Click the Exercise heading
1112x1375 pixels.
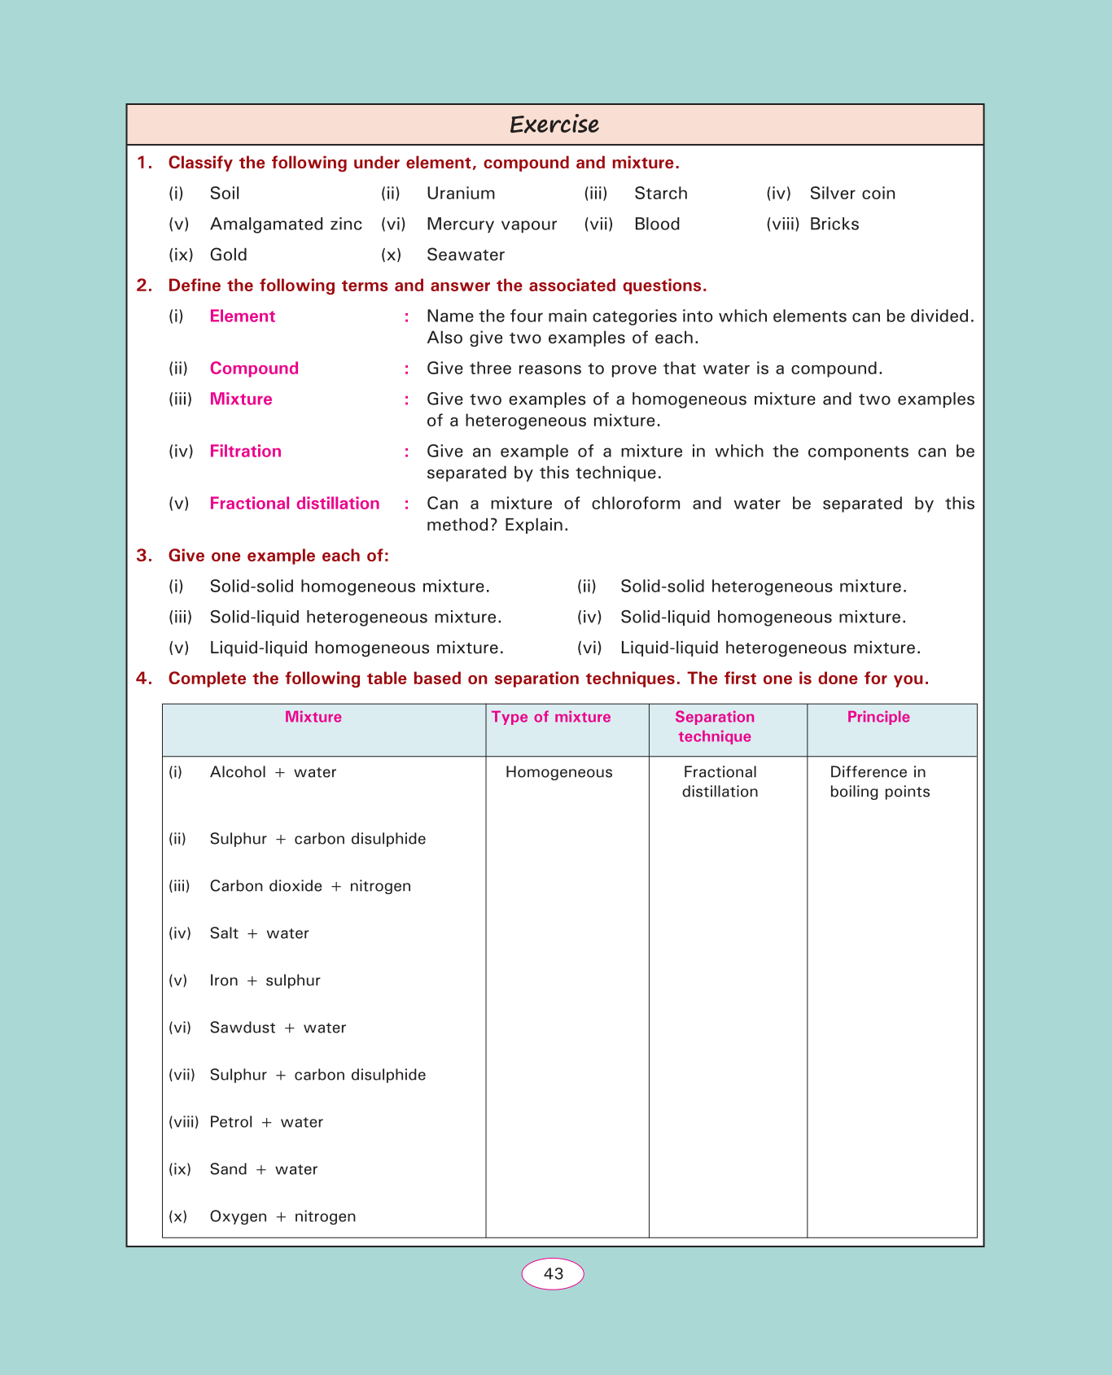pyautogui.click(x=554, y=124)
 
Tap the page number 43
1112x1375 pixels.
pyautogui.click(x=553, y=1274)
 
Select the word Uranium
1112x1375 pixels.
pyautogui.click(x=461, y=194)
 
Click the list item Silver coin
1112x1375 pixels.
pyautogui.click(x=852, y=194)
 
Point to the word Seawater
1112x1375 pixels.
pyautogui.click(x=466, y=255)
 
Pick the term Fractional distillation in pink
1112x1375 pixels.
pyautogui.click(x=295, y=504)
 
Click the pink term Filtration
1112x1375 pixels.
pyautogui.click(x=245, y=452)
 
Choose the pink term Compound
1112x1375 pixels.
pyautogui.click(x=254, y=369)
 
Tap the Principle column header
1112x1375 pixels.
pyautogui.click(x=878, y=717)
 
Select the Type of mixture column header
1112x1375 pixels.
pyautogui.click(x=551, y=717)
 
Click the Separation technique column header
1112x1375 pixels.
pyautogui.click(x=715, y=727)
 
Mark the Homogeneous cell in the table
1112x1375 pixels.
pyautogui.click(x=558, y=772)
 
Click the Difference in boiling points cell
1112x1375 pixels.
pyautogui.click(x=879, y=782)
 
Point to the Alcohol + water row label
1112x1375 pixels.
pyautogui.click(x=273, y=772)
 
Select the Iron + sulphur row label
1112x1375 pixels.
pyautogui.click(x=265, y=980)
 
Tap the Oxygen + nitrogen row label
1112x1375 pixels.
pyautogui.click(x=282, y=1216)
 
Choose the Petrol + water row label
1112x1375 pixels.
pyautogui.click(x=266, y=1122)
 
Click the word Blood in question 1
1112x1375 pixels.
pyautogui.click(x=657, y=225)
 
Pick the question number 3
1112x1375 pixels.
pyautogui.click(x=144, y=556)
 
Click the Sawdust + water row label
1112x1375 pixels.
pyautogui.click(x=278, y=1028)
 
